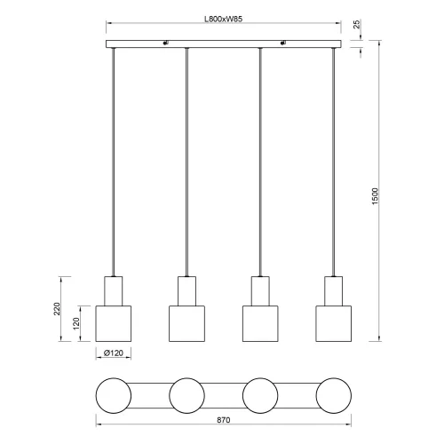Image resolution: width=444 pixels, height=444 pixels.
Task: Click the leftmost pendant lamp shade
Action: [x=113, y=323]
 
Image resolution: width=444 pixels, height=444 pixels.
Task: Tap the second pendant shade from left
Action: [x=186, y=323]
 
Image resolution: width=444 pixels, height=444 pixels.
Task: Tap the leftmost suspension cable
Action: [x=113, y=160]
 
